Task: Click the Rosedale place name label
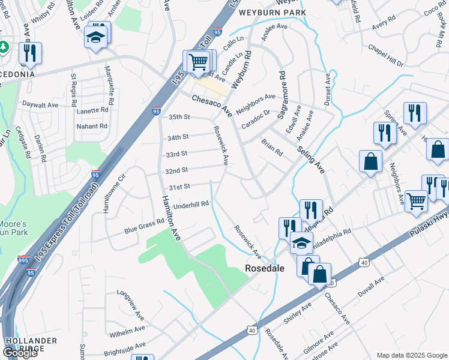(x=265, y=269)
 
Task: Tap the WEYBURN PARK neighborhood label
(x=273, y=12)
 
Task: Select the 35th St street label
(x=179, y=116)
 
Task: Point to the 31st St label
(x=178, y=187)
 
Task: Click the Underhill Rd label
(x=191, y=205)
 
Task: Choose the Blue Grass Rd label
(x=144, y=224)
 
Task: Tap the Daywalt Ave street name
(x=40, y=104)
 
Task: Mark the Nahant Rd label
(x=91, y=126)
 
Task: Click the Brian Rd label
(x=272, y=147)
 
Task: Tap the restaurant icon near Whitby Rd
(x=29, y=53)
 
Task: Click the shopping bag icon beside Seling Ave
(x=371, y=161)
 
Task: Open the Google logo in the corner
(x=20, y=353)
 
